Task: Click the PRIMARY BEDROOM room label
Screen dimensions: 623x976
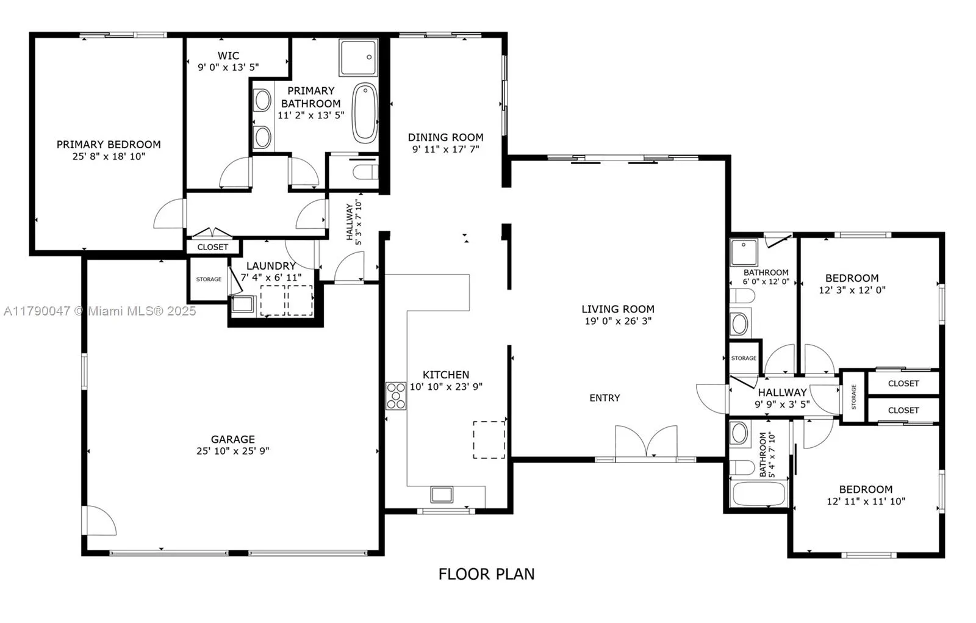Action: pyautogui.click(x=109, y=145)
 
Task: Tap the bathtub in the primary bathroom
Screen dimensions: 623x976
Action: pyautogui.click(x=365, y=113)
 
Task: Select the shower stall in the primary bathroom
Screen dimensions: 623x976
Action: pyautogui.click(x=359, y=57)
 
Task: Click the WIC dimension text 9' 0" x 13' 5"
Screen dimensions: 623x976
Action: pyautogui.click(x=228, y=68)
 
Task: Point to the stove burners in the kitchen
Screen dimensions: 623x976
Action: pyautogui.click(x=396, y=395)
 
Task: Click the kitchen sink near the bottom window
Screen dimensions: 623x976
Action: pyautogui.click(x=442, y=494)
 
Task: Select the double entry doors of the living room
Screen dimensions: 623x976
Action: pyautogui.click(x=646, y=442)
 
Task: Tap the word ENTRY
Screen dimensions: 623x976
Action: pyautogui.click(x=605, y=398)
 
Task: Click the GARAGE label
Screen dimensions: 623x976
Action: pyautogui.click(x=232, y=439)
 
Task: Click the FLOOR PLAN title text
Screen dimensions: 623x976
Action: pyautogui.click(x=486, y=574)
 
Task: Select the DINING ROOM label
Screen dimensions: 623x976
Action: pyautogui.click(x=445, y=137)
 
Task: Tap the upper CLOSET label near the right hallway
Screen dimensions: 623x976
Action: pyautogui.click(x=903, y=383)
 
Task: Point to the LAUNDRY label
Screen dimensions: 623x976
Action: pyautogui.click(x=271, y=266)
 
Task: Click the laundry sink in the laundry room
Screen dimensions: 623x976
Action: pyautogui.click(x=243, y=304)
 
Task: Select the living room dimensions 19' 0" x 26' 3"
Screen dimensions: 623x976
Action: pyautogui.click(x=618, y=321)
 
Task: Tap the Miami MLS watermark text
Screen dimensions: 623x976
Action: pyautogui.click(x=100, y=311)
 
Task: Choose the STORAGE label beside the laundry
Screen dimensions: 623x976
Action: pyautogui.click(x=209, y=279)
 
